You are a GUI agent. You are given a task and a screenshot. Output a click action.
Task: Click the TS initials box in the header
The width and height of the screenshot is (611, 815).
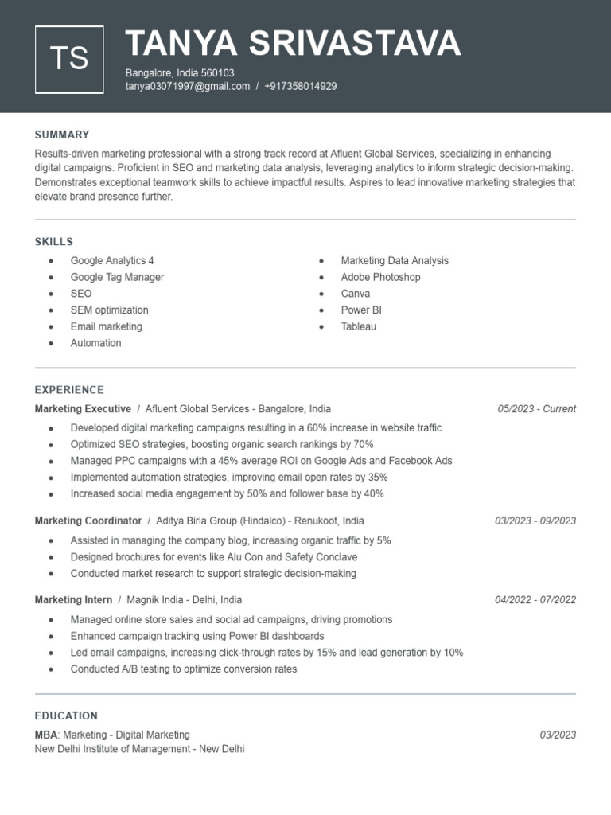69,59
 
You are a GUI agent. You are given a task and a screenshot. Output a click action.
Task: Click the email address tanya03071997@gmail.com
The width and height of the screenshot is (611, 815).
187,86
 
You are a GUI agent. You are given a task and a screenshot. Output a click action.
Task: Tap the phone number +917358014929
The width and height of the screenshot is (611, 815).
300,86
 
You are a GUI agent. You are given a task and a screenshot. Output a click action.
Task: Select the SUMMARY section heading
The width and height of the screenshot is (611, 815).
62,135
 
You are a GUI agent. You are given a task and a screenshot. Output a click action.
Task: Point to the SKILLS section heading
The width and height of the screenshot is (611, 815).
54,241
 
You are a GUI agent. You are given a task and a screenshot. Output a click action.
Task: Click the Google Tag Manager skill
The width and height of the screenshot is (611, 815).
117,277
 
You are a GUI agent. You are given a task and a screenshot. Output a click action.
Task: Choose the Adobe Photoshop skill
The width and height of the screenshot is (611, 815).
380,277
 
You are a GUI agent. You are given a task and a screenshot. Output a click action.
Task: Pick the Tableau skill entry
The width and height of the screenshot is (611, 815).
358,326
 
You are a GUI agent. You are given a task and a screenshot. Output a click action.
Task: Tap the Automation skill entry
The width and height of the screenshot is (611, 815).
95,343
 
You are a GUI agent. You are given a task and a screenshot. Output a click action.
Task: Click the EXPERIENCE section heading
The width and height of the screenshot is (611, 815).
69,390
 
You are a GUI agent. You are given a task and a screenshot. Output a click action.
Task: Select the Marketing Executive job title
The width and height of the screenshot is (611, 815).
83,409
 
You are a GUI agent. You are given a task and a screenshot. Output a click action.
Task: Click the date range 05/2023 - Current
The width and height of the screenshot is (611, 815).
536,409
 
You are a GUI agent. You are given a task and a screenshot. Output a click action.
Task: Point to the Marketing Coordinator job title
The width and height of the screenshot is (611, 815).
88,521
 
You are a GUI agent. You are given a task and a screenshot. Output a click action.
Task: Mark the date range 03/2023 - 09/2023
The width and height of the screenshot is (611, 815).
535,521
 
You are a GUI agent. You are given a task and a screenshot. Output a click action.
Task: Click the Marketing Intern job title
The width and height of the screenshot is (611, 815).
73,599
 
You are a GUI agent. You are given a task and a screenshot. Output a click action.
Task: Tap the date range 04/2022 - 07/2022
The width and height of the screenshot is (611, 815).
535,600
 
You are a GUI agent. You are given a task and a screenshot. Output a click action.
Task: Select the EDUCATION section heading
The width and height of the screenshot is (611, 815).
66,716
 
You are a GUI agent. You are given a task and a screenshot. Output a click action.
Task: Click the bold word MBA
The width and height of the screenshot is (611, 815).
46,735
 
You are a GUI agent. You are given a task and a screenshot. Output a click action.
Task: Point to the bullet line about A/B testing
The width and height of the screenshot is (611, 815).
183,669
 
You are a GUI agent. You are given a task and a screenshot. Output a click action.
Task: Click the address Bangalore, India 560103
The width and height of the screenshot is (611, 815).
180,72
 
